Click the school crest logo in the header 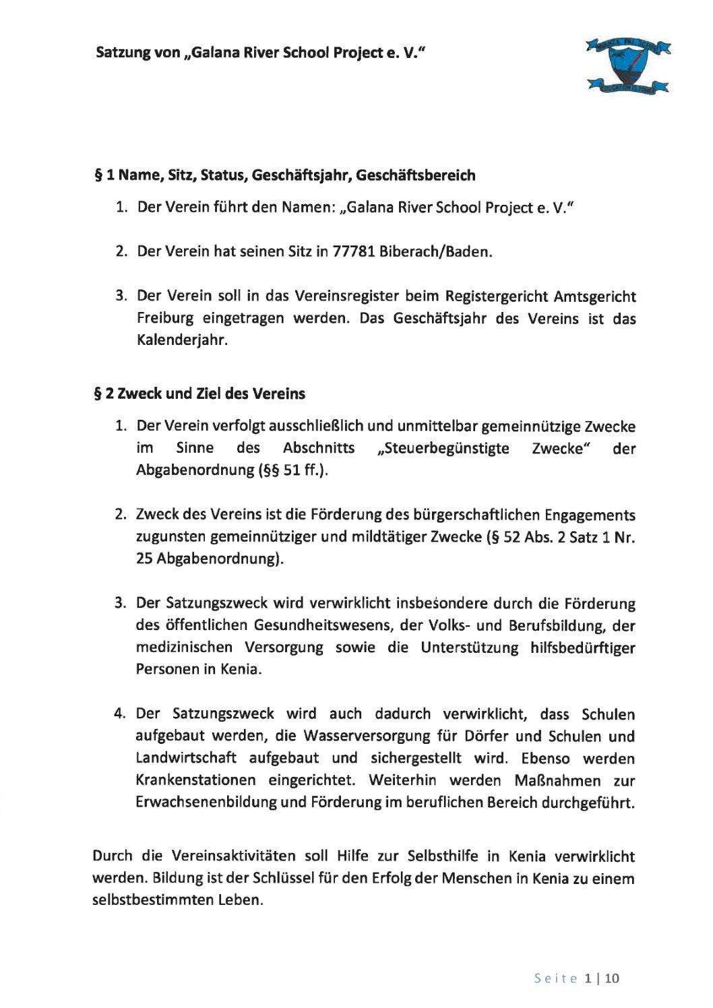pyautogui.click(x=627, y=65)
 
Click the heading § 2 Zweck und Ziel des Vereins pyautogui.click(x=199, y=393)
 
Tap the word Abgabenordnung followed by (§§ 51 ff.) pyautogui.click(x=194, y=470)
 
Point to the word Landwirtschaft pyautogui.click(x=186, y=758)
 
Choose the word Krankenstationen pyautogui.click(x=195, y=780)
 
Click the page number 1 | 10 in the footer pyautogui.click(x=602, y=978)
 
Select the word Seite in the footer pyautogui.click(x=556, y=978)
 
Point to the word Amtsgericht pyautogui.click(x=594, y=296)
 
